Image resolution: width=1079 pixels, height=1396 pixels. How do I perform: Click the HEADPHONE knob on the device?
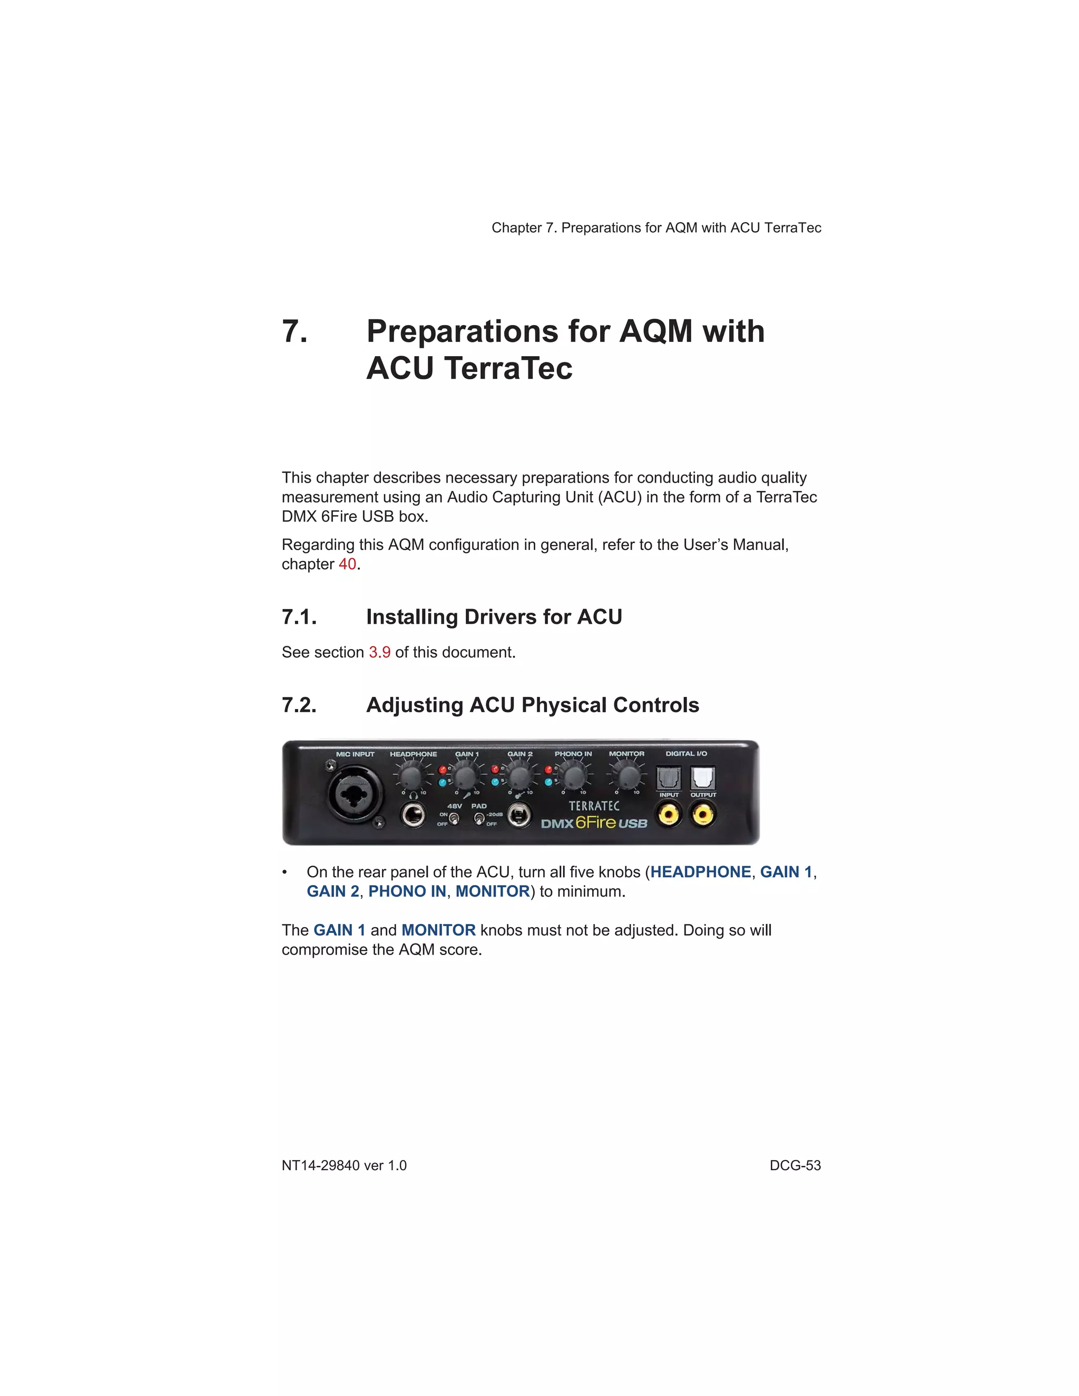(x=410, y=777)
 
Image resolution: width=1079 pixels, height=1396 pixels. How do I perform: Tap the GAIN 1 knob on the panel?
(x=465, y=777)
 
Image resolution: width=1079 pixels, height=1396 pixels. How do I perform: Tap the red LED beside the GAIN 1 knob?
(x=442, y=770)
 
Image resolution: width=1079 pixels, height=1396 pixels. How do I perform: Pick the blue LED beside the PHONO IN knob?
(x=548, y=782)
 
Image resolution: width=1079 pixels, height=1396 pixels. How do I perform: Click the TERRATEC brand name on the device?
(x=594, y=806)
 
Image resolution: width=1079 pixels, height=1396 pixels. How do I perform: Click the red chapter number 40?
(x=347, y=564)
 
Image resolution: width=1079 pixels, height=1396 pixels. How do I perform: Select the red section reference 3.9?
(x=380, y=652)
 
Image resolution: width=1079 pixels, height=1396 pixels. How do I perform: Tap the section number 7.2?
(x=299, y=705)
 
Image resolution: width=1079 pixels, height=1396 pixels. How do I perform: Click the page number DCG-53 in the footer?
(x=794, y=1165)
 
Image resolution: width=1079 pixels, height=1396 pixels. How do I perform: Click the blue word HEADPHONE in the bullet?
(x=700, y=872)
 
